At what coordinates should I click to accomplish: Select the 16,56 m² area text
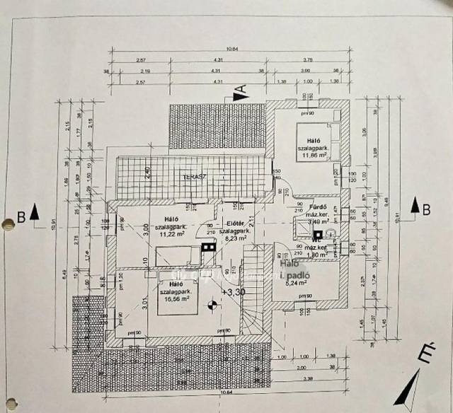click(172, 298)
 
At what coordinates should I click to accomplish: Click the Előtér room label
click(236, 223)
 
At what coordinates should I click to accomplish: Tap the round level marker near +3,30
click(210, 306)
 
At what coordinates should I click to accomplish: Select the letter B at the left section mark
click(22, 216)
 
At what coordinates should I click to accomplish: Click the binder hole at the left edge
click(8, 226)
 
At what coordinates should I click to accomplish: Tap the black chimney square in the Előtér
click(207, 248)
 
